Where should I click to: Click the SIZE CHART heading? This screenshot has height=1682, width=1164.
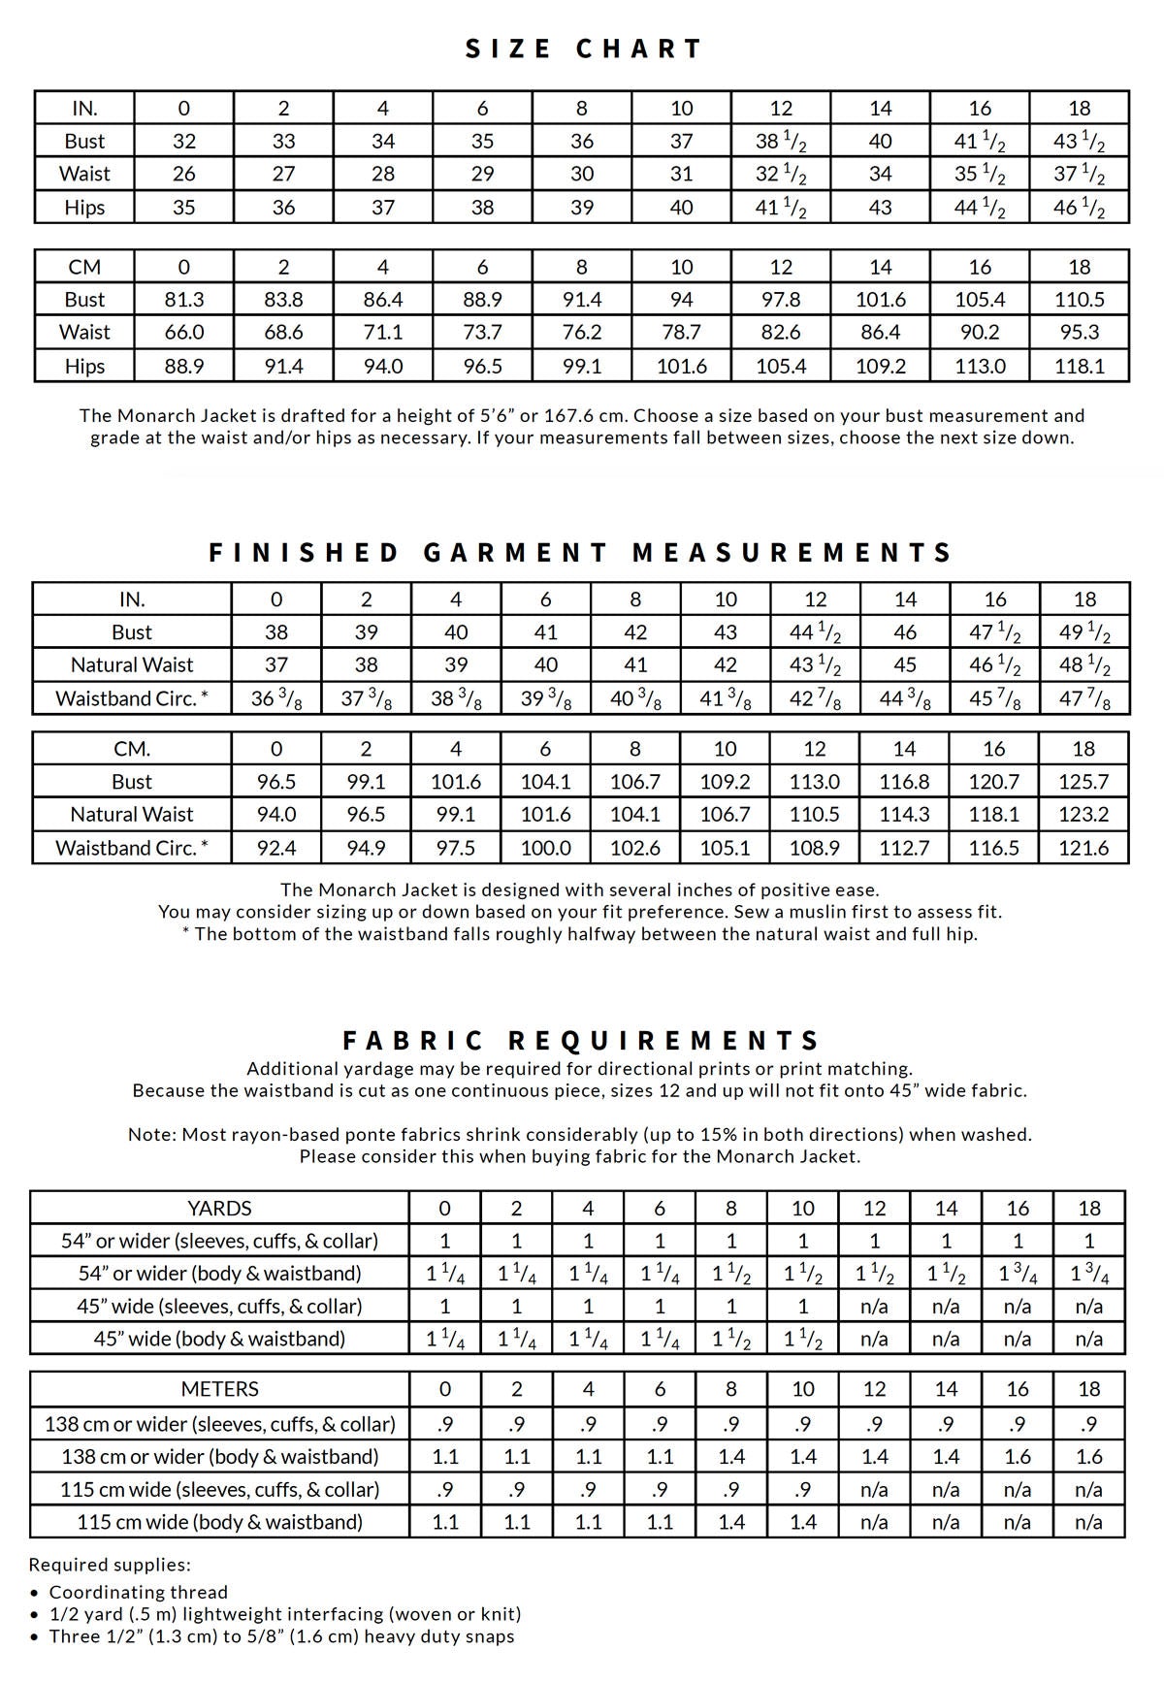click(x=583, y=49)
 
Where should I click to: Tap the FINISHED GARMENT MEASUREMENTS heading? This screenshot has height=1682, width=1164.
click(x=581, y=553)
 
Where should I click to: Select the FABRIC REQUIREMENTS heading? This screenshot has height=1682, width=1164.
click(x=582, y=1041)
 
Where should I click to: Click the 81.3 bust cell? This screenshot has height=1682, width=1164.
click(x=184, y=300)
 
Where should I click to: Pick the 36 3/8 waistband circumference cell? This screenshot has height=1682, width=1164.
click(x=276, y=698)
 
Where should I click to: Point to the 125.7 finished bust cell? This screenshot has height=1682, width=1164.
click(x=1083, y=782)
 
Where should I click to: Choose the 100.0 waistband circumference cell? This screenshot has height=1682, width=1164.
click(x=545, y=848)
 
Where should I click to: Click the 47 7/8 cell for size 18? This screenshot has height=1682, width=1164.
click(x=1084, y=698)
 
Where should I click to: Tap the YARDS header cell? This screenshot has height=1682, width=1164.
click(x=219, y=1208)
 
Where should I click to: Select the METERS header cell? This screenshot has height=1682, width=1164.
click(x=219, y=1389)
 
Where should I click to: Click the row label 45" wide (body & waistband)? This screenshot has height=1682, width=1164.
click(x=219, y=1339)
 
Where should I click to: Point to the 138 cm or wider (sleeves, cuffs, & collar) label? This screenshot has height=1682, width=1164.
click(x=219, y=1424)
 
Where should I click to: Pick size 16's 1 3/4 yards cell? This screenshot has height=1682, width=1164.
click(x=1018, y=1274)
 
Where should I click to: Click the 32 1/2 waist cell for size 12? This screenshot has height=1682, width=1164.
click(x=781, y=175)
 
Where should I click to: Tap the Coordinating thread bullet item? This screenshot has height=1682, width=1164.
click(x=139, y=1592)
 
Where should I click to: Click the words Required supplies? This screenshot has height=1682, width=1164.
click(x=109, y=1565)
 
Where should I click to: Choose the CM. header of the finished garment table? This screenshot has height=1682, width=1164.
click(x=132, y=749)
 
